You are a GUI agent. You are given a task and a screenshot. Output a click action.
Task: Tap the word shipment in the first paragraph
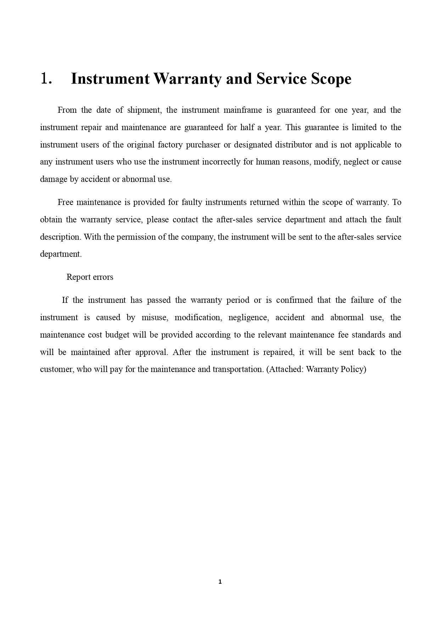(144, 110)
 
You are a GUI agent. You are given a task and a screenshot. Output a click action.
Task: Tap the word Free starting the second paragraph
(65, 202)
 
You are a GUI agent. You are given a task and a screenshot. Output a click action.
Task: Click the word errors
(103, 277)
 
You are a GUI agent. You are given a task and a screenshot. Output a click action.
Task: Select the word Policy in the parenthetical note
(353, 369)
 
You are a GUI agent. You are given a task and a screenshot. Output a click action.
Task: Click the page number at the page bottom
(220, 582)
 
